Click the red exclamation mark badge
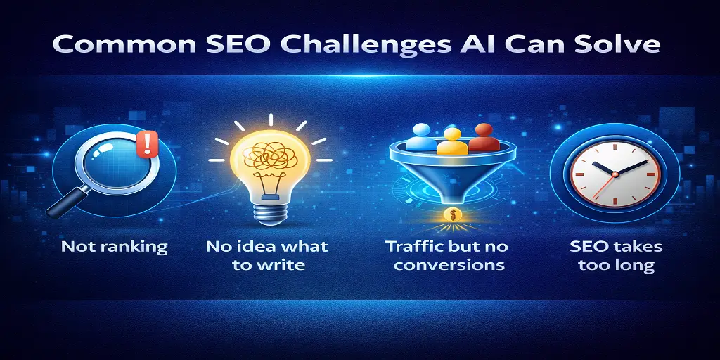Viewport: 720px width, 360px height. point(147,144)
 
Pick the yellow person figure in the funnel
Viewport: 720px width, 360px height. point(452,141)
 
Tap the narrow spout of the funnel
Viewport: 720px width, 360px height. point(449,193)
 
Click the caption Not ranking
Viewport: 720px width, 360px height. point(114,247)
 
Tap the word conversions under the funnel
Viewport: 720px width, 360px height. point(449,265)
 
